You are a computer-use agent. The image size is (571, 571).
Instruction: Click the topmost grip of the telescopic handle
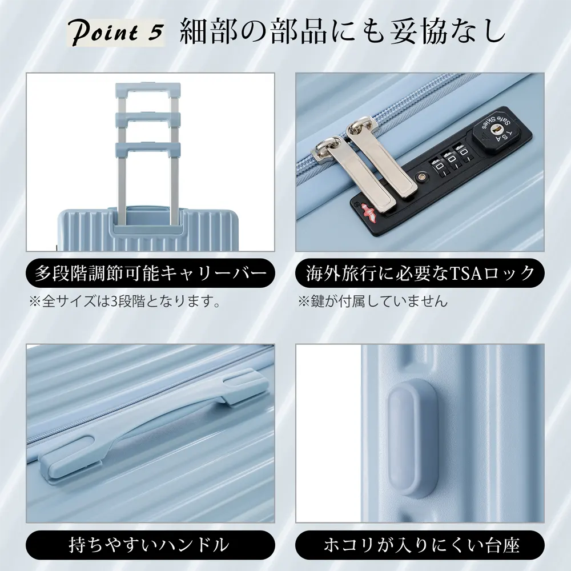point(148,88)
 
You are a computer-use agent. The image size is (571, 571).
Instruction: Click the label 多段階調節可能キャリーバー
point(150,273)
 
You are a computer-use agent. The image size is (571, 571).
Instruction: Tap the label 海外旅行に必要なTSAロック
point(420,273)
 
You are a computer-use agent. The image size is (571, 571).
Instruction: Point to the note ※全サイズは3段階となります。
point(125,301)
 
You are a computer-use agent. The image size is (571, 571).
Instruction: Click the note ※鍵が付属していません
point(372,301)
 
